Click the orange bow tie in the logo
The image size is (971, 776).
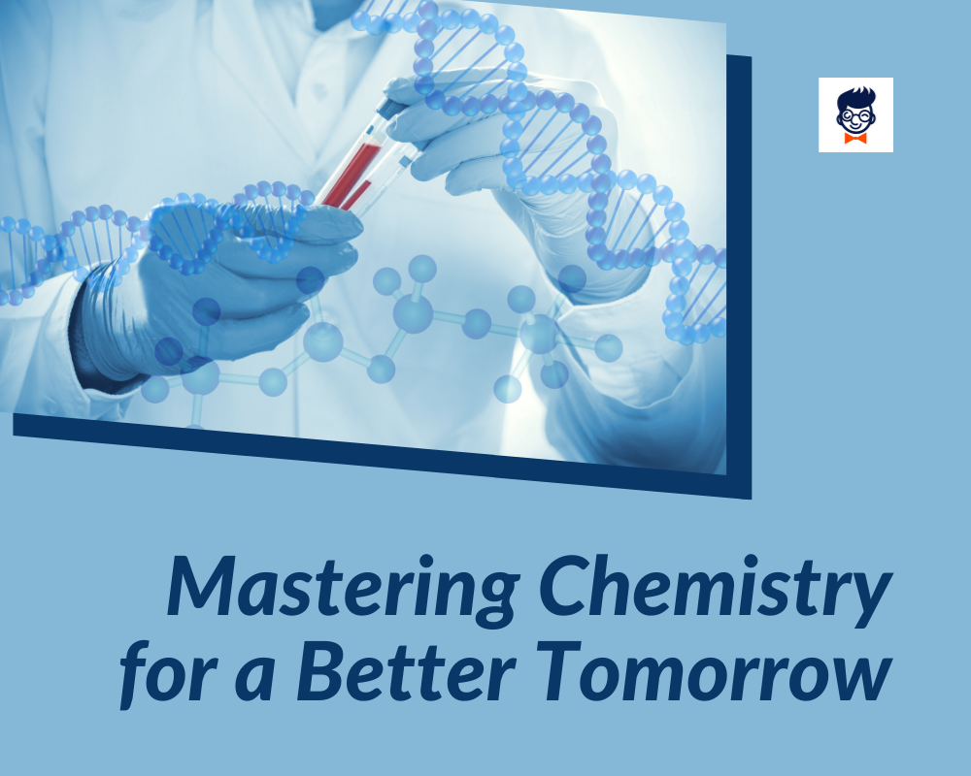(x=855, y=139)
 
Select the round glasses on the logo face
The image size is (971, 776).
(x=855, y=115)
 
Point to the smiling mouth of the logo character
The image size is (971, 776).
(x=855, y=126)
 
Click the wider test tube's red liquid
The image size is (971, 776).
(x=349, y=171)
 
